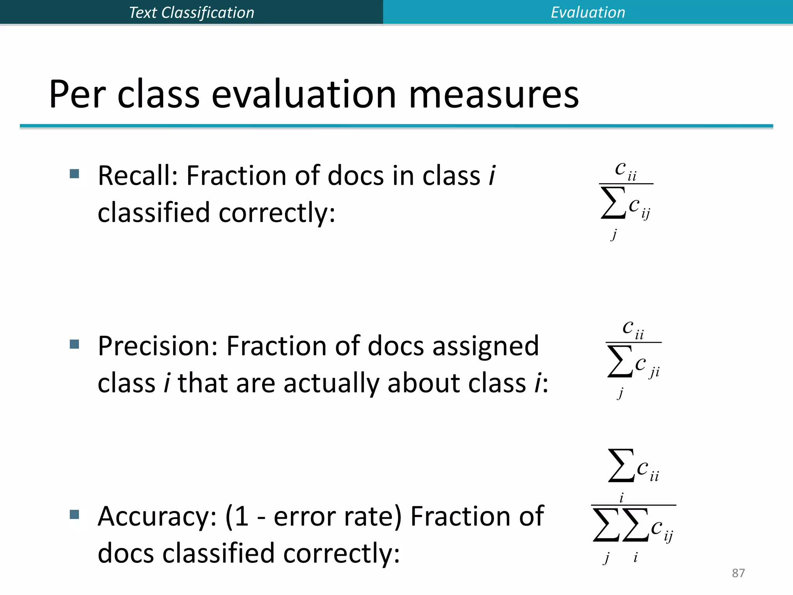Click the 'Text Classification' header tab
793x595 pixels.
pyautogui.click(x=191, y=12)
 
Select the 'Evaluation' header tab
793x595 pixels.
pyautogui.click(x=588, y=12)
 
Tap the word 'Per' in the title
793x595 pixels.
pyautogui.click(x=77, y=95)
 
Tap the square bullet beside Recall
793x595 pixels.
pyautogui.click(x=74, y=173)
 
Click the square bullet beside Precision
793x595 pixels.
pyautogui.click(x=74, y=344)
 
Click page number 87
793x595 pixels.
pyautogui.click(x=738, y=573)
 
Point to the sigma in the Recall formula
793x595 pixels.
pyautogui.click(x=613, y=203)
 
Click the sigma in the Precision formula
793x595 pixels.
pyautogui.click(x=620, y=361)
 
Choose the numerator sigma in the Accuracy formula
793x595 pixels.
pyautogui.click(x=621, y=465)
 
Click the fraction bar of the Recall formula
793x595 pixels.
pyautogui.click(x=626, y=184)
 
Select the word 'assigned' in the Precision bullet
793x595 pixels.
pyautogui.click(x=486, y=346)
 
